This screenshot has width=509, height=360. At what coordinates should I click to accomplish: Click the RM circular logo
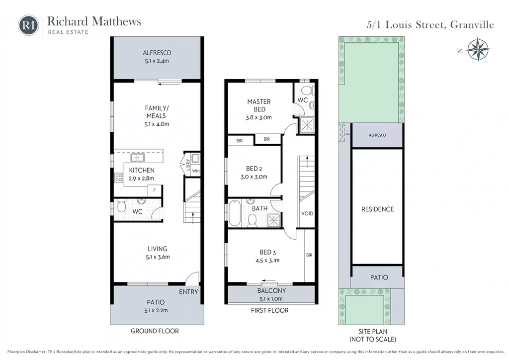coord(28,25)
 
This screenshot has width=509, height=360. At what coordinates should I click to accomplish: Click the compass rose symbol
coord(478,50)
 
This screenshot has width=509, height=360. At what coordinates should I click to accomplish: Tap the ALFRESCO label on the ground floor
coord(157,53)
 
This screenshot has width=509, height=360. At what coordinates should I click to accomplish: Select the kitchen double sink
coord(137,158)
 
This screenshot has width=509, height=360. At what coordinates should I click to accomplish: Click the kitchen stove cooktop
coord(118,178)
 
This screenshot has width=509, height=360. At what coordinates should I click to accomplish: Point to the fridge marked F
coord(155,190)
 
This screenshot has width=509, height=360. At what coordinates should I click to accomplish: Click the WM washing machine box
coord(195,171)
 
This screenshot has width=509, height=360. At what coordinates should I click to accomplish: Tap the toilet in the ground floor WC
coord(121,207)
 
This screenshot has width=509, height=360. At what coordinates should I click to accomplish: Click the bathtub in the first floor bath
coord(235,213)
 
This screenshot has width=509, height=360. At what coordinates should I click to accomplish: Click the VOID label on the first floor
coord(307,214)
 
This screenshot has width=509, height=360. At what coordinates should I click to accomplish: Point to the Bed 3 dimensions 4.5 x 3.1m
coord(267,261)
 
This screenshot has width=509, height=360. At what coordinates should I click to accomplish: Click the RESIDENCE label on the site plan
coord(378,209)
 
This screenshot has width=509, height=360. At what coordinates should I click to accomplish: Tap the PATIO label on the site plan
coord(379,277)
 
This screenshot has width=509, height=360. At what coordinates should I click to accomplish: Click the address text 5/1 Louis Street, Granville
coord(430,25)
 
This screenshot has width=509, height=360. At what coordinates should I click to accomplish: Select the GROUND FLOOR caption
coord(155,331)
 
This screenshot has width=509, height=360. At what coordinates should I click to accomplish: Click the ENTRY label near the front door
coord(188,292)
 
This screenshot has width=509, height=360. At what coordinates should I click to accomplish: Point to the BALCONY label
coord(271,291)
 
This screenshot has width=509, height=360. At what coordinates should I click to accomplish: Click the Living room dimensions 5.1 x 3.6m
coord(158,257)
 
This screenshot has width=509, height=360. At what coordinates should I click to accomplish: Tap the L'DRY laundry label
coord(188,164)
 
